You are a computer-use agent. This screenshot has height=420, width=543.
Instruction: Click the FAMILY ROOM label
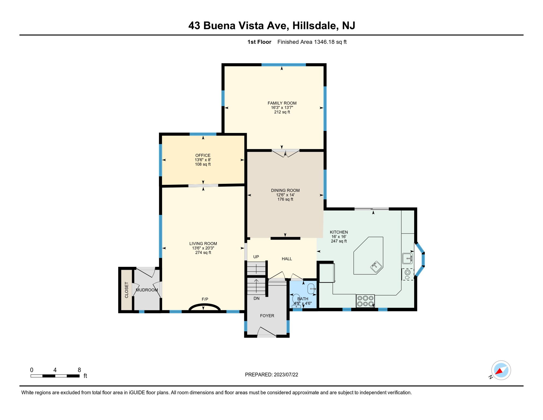click(282, 103)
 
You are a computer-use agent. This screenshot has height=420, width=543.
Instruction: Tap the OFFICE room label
click(203, 155)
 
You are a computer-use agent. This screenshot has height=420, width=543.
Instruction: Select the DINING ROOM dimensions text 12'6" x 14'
click(285, 195)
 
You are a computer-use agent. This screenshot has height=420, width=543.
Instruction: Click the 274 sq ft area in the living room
click(203, 253)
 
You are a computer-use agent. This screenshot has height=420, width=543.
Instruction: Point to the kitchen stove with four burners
click(365, 301)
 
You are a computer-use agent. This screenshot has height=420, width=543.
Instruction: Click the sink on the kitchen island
click(376, 267)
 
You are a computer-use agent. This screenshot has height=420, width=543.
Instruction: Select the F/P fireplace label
click(205, 299)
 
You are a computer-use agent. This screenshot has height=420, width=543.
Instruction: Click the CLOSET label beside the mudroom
click(126, 290)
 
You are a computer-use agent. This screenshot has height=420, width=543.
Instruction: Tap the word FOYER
click(267, 316)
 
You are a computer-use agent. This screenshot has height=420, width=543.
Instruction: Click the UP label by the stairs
click(256, 257)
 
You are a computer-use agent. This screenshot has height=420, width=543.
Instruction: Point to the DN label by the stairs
click(256, 298)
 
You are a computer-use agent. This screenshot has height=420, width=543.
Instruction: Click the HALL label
click(287, 259)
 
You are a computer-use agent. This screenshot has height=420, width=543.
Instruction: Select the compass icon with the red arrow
click(501, 370)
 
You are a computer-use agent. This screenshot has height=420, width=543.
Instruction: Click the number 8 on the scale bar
click(79, 370)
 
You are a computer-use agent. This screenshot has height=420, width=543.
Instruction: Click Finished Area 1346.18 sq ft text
click(312, 42)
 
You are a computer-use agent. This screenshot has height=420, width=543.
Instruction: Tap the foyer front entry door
click(267, 332)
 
